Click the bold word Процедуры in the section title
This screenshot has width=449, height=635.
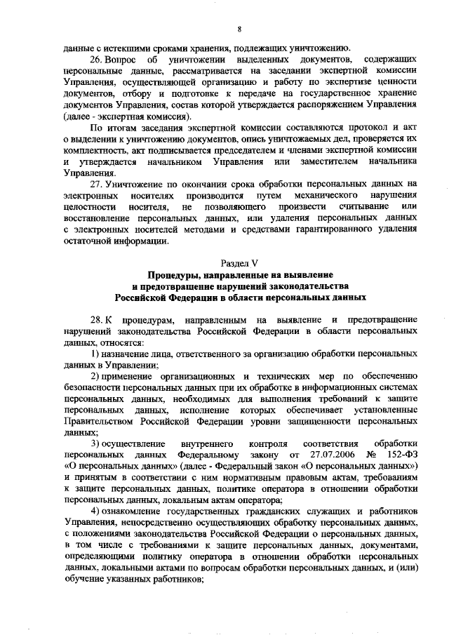pyautogui.click(x=173, y=275)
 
